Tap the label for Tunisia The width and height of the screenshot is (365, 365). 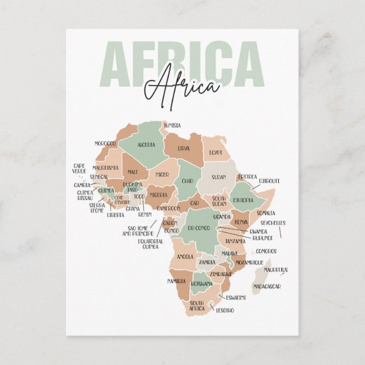(172, 125)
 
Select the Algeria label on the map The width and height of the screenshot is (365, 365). (146, 145)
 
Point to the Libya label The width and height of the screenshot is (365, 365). (184, 148)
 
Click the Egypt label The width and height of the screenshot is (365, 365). (215, 153)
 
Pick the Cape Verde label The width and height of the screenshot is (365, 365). (79, 169)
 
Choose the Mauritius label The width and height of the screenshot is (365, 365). (276, 270)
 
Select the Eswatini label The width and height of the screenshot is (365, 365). (236, 298)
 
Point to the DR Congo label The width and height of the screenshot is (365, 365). (198, 228)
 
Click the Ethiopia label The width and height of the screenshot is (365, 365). (243, 200)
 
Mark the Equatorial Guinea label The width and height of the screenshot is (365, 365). (150, 244)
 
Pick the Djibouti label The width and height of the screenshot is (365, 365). (269, 181)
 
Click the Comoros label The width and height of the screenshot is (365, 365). (266, 251)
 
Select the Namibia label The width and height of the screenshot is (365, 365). (177, 281)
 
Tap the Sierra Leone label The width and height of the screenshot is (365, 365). (97, 208)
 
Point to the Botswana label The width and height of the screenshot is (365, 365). (201, 283)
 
